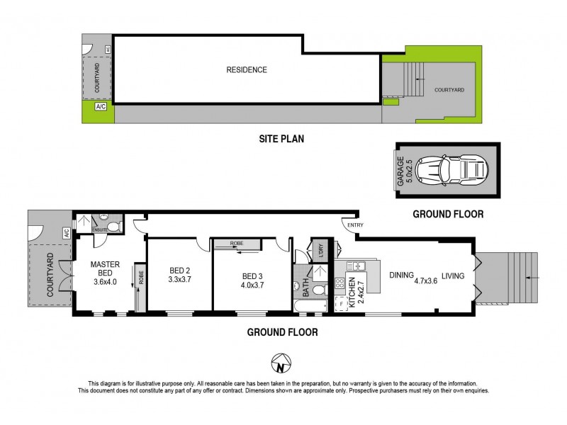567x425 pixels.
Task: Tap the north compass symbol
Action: [282, 365]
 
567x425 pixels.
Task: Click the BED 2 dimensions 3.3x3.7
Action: [180, 280]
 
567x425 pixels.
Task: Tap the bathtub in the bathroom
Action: [310, 307]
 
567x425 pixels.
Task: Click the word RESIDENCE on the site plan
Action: [247, 69]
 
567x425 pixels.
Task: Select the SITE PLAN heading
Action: [281, 139]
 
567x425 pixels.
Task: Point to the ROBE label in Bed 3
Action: [235, 244]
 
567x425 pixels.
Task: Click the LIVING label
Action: [453, 276]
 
